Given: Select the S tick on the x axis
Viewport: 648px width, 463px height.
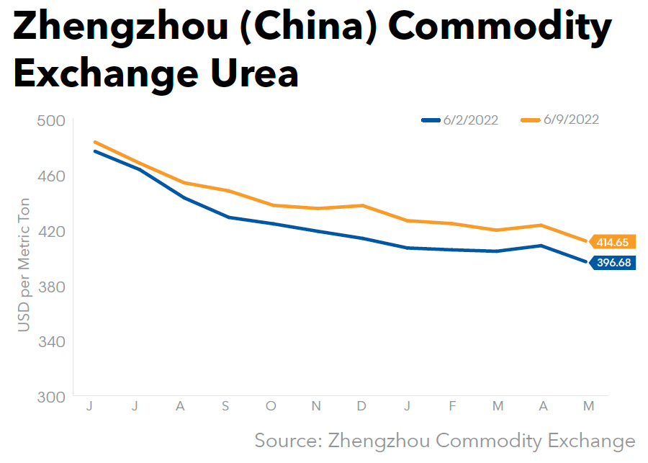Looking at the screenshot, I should pos(225,407).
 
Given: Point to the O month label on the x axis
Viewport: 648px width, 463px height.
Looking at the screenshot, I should pos(271,407).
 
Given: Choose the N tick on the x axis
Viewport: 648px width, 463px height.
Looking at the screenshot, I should pos(316,407).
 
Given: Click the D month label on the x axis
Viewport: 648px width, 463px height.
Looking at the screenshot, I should pos(361,407).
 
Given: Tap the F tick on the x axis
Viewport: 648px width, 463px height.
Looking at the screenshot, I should pos(452,407).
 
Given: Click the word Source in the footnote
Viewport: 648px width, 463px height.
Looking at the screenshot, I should pos(287,440).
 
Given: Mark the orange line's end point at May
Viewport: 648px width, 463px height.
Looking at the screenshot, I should pos(588,241).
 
